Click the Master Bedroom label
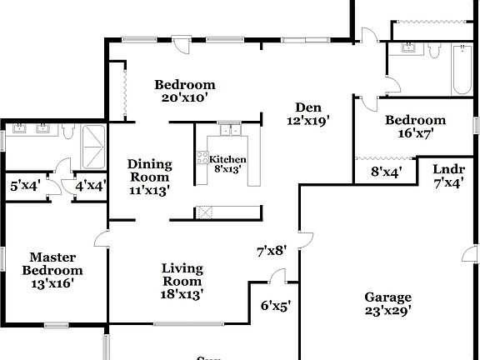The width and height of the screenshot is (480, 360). coord(52,270)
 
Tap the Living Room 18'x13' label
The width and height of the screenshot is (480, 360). coord(182,280)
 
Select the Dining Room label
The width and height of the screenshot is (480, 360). coord(149,177)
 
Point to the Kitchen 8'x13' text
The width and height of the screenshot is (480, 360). coord(227,164)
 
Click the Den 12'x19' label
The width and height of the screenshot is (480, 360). coord(307,112)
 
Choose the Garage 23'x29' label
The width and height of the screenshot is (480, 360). coord(387,304)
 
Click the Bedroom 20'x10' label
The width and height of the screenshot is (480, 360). coord(185,91)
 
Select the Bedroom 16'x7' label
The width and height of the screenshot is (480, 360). coord(415,126)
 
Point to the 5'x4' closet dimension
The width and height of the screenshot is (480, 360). coord(22,186)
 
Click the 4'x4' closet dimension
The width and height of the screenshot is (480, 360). coord(90,186)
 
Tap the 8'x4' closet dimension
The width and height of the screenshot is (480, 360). coord(387,172)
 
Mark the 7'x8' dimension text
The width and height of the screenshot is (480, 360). coord(271,249)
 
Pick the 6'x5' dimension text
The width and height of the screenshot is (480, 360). coord(276,305)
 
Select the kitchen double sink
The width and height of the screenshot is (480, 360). coord(229,129)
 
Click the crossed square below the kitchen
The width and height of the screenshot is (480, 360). coord(203,212)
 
